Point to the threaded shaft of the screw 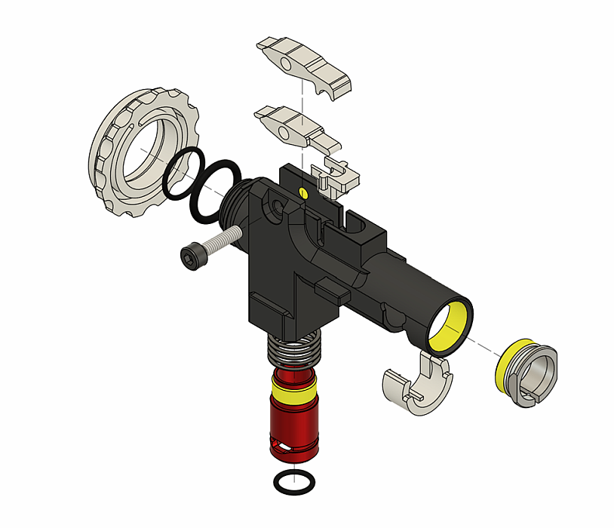[219, 242]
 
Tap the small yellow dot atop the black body [302, 192]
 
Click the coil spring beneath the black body [296, 351]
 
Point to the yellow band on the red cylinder [296, 391]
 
